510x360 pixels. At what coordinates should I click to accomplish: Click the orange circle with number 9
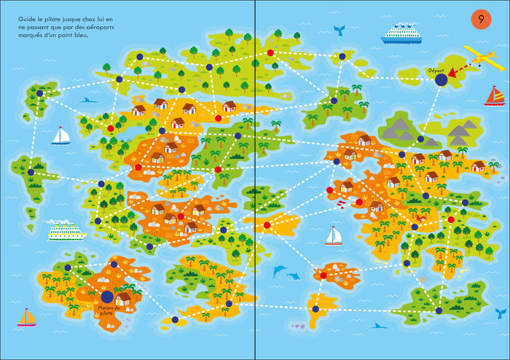click(x=481, y=19)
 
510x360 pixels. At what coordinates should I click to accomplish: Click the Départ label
click(x=436, y=71)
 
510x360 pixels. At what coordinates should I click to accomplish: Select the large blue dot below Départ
click(x=441, y=83)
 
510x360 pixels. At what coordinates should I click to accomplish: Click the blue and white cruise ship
click(x=401, y=33)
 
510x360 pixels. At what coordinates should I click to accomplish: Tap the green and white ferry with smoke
click(x=67, y=232)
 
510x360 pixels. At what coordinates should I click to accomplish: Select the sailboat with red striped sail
click(x=494, y=95)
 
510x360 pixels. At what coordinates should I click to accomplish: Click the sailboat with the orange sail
click(x=27, y=317)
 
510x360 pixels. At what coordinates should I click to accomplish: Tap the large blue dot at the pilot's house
click(x=107, y=297)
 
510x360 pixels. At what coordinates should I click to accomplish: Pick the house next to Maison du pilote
click(x=124, y=298)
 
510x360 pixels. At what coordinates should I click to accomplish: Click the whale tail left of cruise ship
click(x=339, y=30)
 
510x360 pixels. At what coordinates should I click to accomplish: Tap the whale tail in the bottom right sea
click(x=501, y=312)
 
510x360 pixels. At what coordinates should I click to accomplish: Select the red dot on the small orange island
click(x=323, y=275)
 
